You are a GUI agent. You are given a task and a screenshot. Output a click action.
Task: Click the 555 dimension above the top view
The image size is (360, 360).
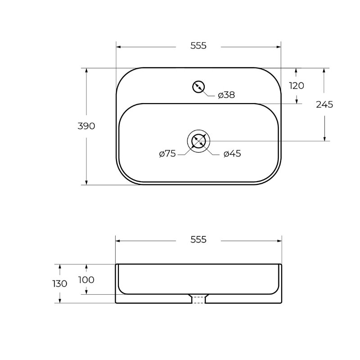coord(198,46)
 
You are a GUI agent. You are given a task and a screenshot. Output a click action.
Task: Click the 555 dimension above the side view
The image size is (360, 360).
coord(198,240)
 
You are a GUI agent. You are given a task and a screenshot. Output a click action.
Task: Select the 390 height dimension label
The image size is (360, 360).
coord(86,126)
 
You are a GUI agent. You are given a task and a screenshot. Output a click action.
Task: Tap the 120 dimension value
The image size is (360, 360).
coord(297,86)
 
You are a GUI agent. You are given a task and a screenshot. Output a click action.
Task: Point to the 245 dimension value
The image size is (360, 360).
coord(324,105)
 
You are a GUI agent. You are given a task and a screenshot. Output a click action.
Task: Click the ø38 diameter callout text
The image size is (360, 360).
coord(226,95)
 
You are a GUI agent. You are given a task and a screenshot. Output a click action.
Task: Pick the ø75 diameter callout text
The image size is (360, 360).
coord(167,153)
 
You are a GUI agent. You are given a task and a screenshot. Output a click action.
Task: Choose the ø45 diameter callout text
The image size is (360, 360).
coord(232,153)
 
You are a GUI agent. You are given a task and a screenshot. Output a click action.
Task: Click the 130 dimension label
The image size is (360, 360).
coord(60,284)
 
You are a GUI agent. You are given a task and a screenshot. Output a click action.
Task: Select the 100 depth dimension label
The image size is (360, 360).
coord(86,280)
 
